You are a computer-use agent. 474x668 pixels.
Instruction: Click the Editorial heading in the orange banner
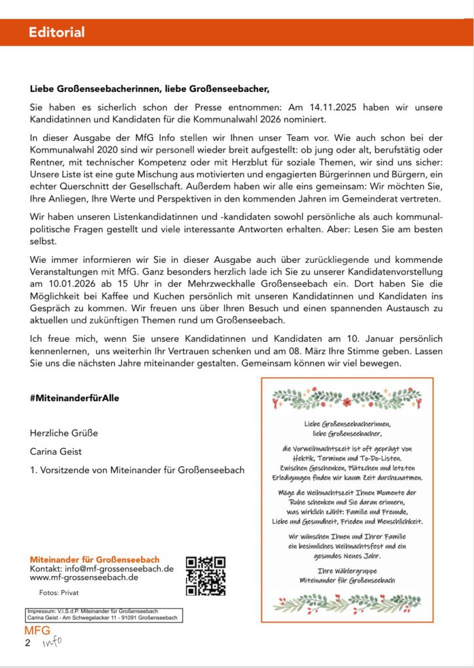pos(57,33)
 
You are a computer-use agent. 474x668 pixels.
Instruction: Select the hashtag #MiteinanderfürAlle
pos(74,397)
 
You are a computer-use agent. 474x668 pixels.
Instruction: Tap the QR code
pos(206,575)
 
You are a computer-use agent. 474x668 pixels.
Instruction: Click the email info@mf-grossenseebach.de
pos(117,568)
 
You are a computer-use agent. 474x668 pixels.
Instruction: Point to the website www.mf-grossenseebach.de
pos(84,577)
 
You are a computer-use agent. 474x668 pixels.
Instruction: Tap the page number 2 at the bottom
pos(27,643)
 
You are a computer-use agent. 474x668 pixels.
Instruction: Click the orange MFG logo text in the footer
pos(37,631)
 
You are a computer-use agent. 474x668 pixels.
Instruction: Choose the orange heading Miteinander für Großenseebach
pos(95,560)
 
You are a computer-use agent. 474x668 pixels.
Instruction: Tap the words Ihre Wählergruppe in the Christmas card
pos(347,571)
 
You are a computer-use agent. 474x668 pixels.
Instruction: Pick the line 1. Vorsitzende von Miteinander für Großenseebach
pos(137,470)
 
